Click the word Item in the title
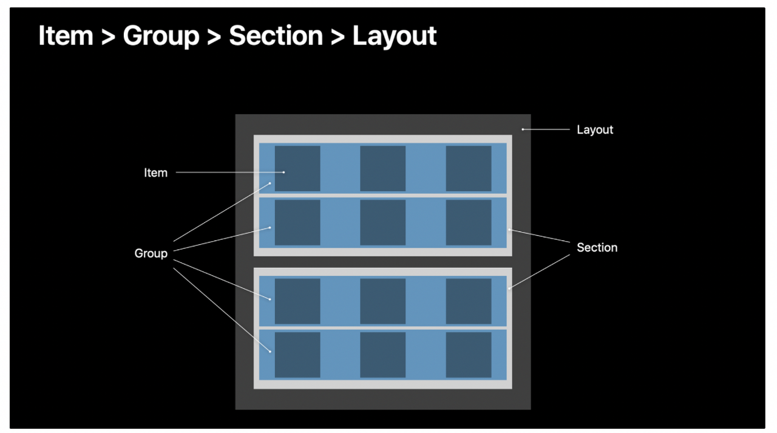click(x=66, y=36)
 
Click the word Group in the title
click(x=161, y=36)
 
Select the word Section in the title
click(x=276, y=36)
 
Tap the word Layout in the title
click(x=395, y=36)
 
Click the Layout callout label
click(x=594, y=130)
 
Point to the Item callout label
click(x=155, y=173)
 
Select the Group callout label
click(x=151, y=253)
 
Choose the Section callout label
click(x=597, y=248)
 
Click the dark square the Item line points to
click(x=297, y=168)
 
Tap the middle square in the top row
click(x=382, y=168)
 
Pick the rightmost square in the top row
click(x=469, y=168)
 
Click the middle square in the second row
click(x=382, y=222)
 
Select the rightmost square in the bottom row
click(x=469, y=355)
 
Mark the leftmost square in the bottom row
click(x=297, y=355)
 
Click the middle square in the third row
click(x=382, y=301)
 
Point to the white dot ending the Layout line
click(x=523, y=129)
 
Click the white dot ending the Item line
click(x=283, y=172)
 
